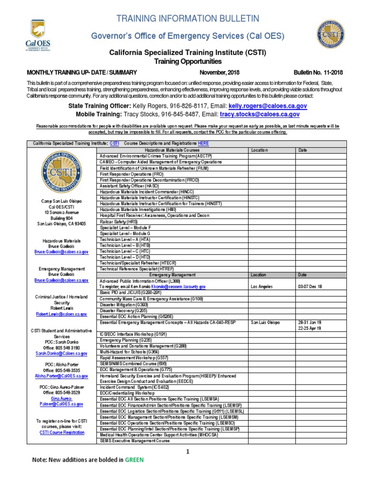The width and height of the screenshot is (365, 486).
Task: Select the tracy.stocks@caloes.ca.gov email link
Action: (x=259, y=114)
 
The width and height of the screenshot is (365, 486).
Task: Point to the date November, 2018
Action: (x=221, y=72)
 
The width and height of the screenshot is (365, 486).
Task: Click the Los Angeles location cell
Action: (x=262, y=287)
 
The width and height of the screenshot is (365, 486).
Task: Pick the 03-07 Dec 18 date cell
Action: (x=310, y=287)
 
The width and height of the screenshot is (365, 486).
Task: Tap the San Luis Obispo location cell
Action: (x=266, y=322)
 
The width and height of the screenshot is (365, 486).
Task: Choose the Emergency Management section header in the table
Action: (x=172, y=275)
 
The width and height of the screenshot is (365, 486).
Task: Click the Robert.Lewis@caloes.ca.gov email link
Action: (x=62, y=314)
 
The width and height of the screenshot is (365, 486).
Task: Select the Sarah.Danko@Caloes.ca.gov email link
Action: (x=62, y=354)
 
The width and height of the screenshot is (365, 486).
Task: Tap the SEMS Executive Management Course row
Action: (x=134, y=441)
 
